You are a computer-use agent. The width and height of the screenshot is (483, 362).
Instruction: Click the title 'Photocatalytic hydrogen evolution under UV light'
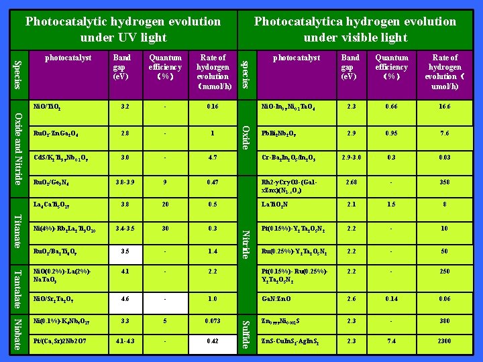coord(123,29)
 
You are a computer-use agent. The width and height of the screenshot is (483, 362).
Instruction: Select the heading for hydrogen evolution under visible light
coord(355,29)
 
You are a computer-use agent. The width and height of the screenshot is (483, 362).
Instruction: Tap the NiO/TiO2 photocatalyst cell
coord(48,106)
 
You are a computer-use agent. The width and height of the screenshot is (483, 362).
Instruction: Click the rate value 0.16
coord(213,106)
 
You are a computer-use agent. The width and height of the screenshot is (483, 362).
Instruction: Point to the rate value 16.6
coord(445,106)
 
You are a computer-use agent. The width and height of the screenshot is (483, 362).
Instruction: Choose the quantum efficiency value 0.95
coord(391,132)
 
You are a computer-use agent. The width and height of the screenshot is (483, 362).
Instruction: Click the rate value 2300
coord(445,341)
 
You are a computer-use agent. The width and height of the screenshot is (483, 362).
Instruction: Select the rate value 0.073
coord(213,321)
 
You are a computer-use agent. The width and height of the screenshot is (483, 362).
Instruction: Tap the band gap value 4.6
coord(122,299)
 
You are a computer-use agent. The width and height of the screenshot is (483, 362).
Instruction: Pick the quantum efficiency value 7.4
coord(391,341)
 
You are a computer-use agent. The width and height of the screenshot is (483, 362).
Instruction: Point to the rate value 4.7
coord(213,158)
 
